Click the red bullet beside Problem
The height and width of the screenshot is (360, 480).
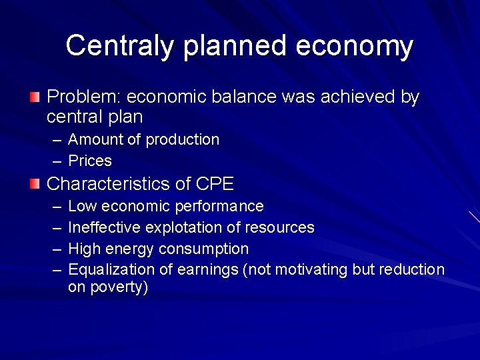pos(34,98)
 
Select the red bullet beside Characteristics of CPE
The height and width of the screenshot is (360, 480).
pos(34,183)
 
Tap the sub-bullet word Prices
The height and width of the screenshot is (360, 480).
pos(90,161)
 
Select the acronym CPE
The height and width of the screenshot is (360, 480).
pos(215,183)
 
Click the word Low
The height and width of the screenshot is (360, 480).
pos(81,206)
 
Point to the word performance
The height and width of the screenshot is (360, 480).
pos(219,206)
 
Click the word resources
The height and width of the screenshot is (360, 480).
pos(279,227)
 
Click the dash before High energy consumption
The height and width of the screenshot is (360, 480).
pos(57,249)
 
